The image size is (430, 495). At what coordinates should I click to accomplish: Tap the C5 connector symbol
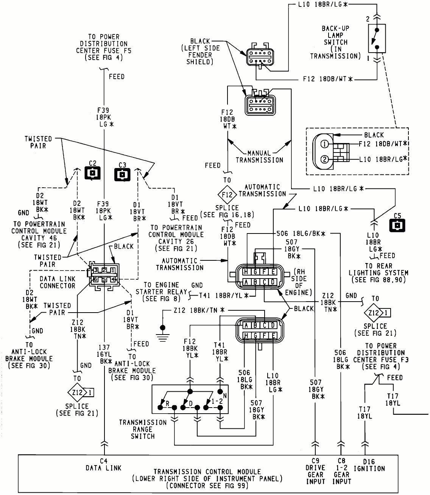(x=397, y=226)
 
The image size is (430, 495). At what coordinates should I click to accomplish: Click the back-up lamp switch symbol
(x=377, y=39)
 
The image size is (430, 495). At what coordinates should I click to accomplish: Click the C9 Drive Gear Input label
(x=315, y=471)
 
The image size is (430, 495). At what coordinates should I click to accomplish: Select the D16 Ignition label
(x=369, y=465)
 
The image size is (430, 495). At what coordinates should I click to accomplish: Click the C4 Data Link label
(x=103, y=464)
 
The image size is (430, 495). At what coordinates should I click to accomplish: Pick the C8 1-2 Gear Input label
(x=341, y=471)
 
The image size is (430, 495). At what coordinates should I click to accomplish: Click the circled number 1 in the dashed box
(x=324, y=144)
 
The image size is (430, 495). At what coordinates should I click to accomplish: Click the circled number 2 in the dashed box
(x=324, y=159)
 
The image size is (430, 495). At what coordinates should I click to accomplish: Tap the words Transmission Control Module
(x=207, y=472)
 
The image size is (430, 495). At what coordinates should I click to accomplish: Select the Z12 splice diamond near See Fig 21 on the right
(x=374, y=313)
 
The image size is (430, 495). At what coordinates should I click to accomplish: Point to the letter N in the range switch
(x=225, y=396)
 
